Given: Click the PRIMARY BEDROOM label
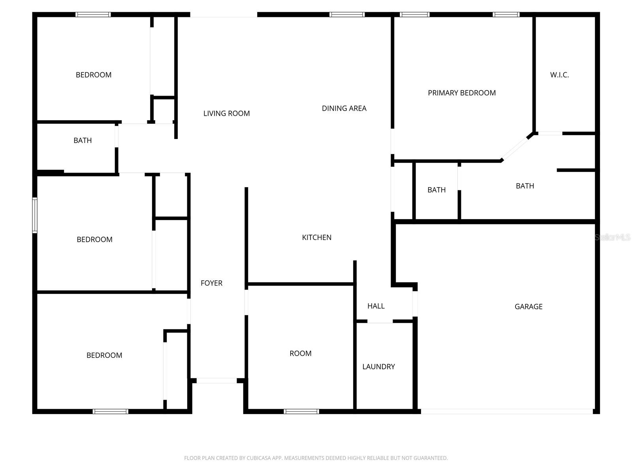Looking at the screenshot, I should (x=462, y=93).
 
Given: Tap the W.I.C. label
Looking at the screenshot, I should (x=559, y=75).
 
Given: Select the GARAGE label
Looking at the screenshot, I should (x=529, y=307).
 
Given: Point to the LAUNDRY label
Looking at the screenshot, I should (x=378, y=367).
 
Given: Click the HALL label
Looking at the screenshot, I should (x=376, y=306).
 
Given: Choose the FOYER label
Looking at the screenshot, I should (x=211, y=283).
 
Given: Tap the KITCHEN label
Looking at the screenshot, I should (x=316, y=237).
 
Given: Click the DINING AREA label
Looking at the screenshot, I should (x=344, y=108).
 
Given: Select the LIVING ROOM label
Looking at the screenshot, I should (x=226, y=113).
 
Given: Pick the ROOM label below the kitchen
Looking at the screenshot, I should (x=300, y=354).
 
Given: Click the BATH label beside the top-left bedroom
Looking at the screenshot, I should (x=83, y=140).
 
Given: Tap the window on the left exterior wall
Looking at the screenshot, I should (x=35, y=215).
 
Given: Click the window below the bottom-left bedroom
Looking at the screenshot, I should (x=111, y=411).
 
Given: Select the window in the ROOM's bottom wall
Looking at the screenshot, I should (x=301, y=411).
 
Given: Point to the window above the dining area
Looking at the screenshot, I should (x=347, y=15).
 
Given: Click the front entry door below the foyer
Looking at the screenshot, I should (x=216, y=381).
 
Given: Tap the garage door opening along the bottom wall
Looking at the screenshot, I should (x=507, y=411).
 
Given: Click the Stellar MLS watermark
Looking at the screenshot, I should (x=612, y=237).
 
